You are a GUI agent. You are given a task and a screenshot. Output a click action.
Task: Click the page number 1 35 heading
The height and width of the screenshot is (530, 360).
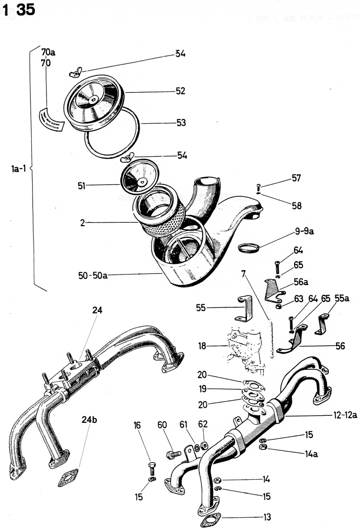[x=19, y=10]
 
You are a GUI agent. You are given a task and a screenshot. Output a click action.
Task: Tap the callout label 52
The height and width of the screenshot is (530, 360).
[x=180, y=91]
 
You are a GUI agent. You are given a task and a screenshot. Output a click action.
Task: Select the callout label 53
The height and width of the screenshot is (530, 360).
[x=180, y=123]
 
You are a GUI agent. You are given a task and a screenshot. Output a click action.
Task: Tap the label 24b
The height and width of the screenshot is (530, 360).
[x=88, y=420]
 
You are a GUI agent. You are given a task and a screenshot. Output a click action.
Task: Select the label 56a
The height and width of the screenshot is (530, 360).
[x=300, y=283]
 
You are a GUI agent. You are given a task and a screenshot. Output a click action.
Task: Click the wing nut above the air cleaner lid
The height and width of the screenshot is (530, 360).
[x=75, y=72]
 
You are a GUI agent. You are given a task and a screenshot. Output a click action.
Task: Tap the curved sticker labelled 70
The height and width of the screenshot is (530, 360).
[x=51, y=119]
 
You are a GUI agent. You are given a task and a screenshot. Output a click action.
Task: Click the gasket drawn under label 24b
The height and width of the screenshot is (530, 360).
[x=69, y=478]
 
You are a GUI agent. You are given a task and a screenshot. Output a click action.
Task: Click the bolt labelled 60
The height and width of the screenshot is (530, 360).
[x=173, y=454]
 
